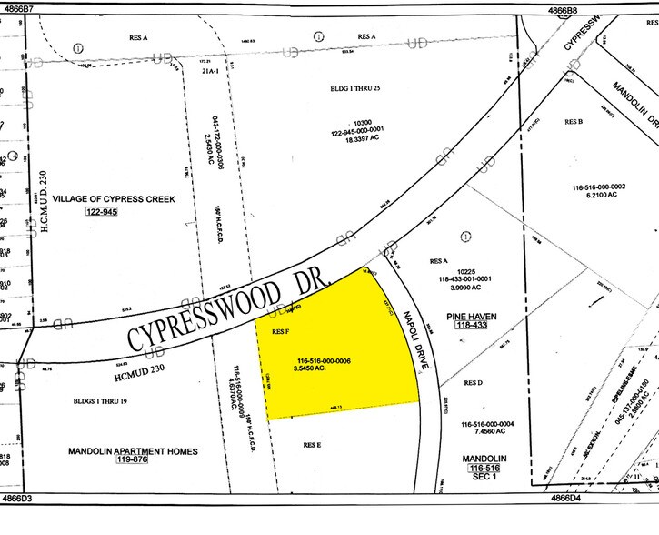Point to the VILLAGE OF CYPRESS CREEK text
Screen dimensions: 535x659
113,197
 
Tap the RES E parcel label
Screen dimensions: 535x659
314,445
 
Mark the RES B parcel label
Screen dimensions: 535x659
573,121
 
